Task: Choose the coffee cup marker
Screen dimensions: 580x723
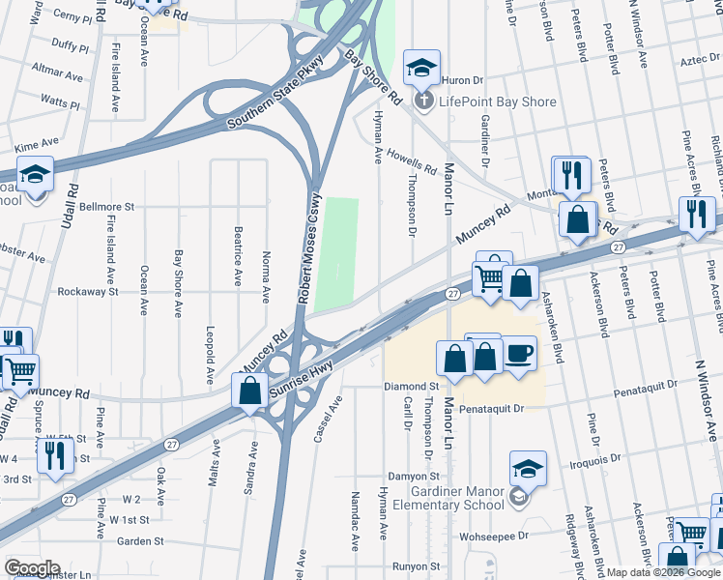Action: coord(518,354)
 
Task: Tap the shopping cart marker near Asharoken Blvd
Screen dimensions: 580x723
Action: coord(489,280)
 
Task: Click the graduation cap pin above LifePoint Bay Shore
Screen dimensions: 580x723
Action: coord(421,68)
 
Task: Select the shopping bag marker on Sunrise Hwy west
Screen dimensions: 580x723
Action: coord(250,392)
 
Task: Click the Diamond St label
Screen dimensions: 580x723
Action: coord(405,387)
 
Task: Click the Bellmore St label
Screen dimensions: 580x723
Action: coord(106,207)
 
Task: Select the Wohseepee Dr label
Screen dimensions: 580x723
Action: coord(496,535)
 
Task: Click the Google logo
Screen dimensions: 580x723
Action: coord(32,568)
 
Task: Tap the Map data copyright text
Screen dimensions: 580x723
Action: coord(664,572)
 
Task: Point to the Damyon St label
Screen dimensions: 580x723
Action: coord(414,477)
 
